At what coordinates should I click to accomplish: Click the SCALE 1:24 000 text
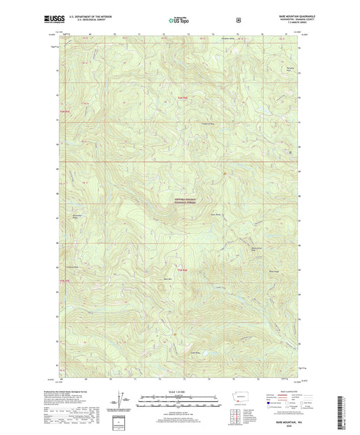tap(179, 392)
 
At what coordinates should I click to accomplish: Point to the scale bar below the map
tap(179, 400)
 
